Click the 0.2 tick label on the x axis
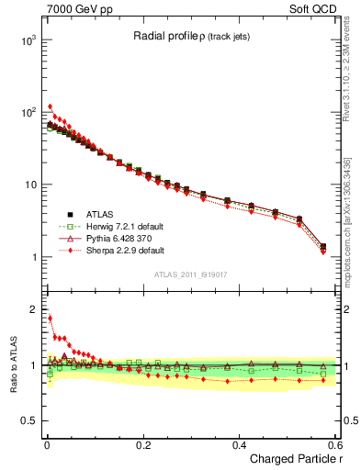click(x=142, y=443)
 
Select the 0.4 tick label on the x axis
click(x=239, y=443)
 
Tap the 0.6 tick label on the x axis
click(x=333, y=443)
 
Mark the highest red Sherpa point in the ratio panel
click(x=50, y=319)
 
